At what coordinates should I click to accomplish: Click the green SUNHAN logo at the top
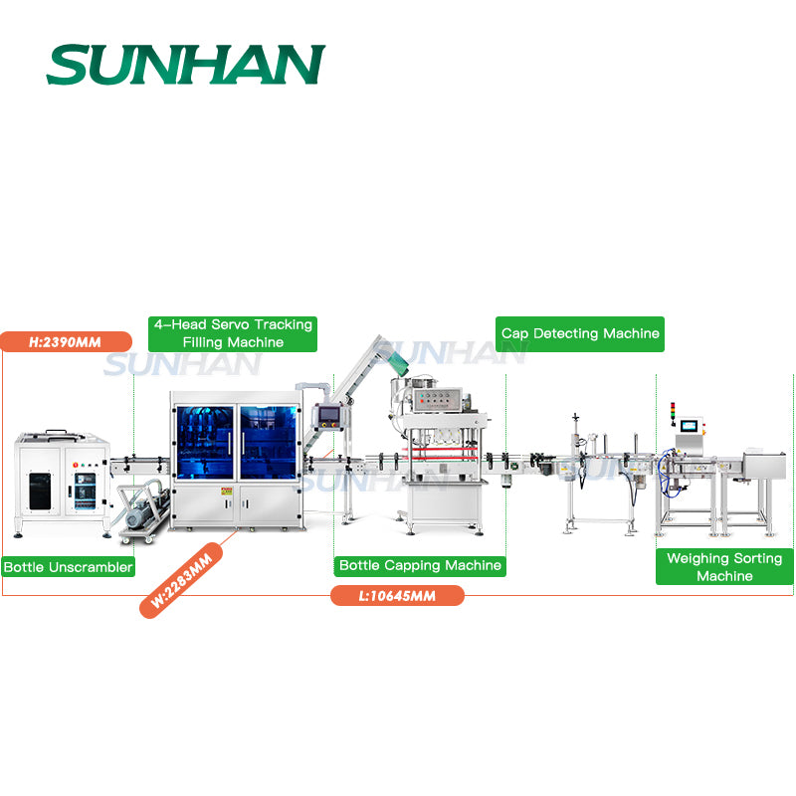pyautogui.click(x=185, y=65)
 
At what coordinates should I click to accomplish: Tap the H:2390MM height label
pyautogui.click(x=66, y=341)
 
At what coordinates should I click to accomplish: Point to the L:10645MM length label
pyautogui.click(x=397, y=595)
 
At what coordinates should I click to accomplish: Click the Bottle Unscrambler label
pyautogui.click(x=68, y=567)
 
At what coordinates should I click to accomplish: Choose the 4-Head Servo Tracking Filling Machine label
pyautogui.click(x=233, y=333)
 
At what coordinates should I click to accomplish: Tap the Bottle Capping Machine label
pyautogui.click(x=419, y=565)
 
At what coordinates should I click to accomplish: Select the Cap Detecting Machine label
pyautogui.click(x=579, y=333)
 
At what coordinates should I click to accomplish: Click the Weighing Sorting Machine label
pyautogui.click(x=724, y=567)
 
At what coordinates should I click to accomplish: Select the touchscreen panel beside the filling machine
pyautogui.click(x=326, y=416)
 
